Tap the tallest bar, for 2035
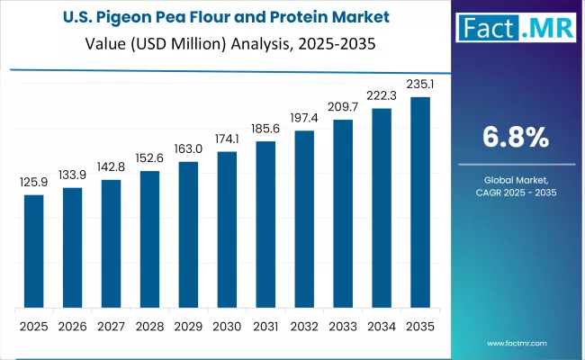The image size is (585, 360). click(x=420, y=202)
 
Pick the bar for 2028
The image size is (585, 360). click(x=149, y=238)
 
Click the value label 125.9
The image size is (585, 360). click(x=33, y=183)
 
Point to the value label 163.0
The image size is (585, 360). click(x=188, y=149)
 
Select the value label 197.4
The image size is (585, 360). click(x=304, y=119)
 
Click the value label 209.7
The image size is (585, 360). click(x=343, y=108)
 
